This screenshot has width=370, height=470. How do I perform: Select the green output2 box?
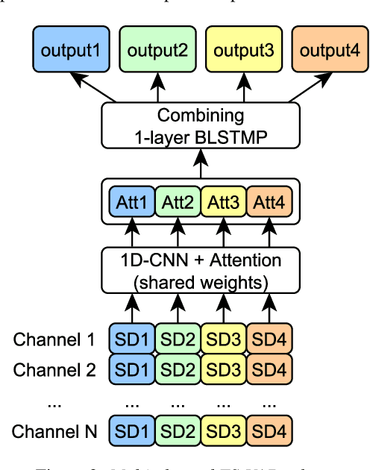tap(157, 51)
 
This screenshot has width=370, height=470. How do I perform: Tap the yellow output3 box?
tap(244, 51)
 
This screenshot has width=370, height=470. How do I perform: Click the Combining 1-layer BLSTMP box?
tap(200, 125)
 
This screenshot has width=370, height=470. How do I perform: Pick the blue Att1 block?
tap(132, 201)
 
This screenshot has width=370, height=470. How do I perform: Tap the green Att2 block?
tap(178, 201)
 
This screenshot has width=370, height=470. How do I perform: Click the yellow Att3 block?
tap(223, 201)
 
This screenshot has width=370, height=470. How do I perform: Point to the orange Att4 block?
tap(269, 201)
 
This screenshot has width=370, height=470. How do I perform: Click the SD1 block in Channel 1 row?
tap(132, 340)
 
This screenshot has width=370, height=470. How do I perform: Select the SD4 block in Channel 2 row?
tap(269, 369)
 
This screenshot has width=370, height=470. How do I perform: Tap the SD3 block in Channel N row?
tap(223, 430)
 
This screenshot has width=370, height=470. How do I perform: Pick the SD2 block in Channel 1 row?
tap(178, 340)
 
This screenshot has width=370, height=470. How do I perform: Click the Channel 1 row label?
tap(54, 341)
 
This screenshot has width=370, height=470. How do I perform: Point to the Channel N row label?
tap(54, 430)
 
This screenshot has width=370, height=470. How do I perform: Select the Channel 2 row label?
tap(54, 369)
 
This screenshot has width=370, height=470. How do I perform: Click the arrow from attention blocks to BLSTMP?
tap(200, 161)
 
